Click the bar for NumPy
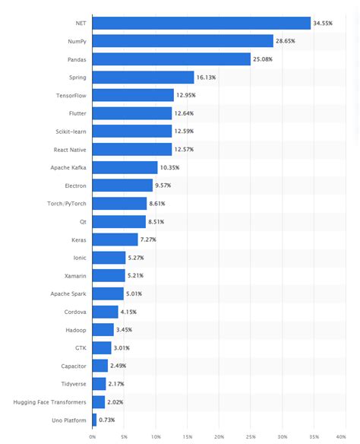point(182,41)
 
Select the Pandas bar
point(171,59)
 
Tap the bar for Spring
point(143,77)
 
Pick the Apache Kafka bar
point(125,167)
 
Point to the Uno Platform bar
point(94,420)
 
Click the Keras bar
point(115,239)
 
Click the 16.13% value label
point(207,77)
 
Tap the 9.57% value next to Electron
point(165,186)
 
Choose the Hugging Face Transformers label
point(49,401)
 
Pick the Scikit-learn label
point(71,131)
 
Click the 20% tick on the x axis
point(219,436)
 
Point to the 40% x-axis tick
point(346,436)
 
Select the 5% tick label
point(124,436)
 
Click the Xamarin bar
point(108,275)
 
